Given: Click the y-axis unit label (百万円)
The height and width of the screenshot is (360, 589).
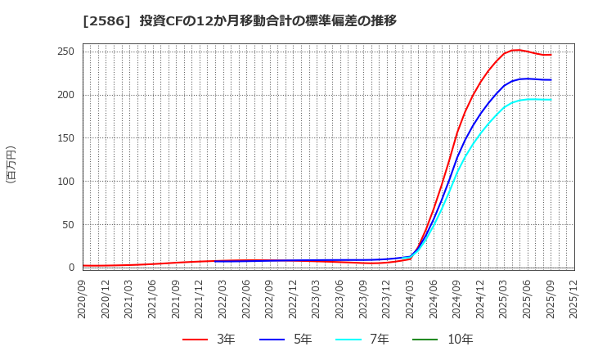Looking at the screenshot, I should pos(11,164).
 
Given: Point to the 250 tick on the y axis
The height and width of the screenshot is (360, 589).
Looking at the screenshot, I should pos(66,52).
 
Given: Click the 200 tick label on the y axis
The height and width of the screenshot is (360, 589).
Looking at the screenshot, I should pos(66,95).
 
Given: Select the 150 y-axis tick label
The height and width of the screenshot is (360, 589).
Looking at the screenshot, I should pos(66,138).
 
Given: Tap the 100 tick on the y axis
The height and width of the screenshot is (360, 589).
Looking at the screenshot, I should pos(66,182).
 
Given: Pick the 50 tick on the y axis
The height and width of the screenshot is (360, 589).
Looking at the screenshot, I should pos(69,225).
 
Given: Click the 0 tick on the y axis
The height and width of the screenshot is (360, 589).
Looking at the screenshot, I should pos(72,268).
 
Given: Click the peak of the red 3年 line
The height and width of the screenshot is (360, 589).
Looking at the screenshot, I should pos(516,50).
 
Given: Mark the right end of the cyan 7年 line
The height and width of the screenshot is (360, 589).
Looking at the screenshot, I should pos(551,100).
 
